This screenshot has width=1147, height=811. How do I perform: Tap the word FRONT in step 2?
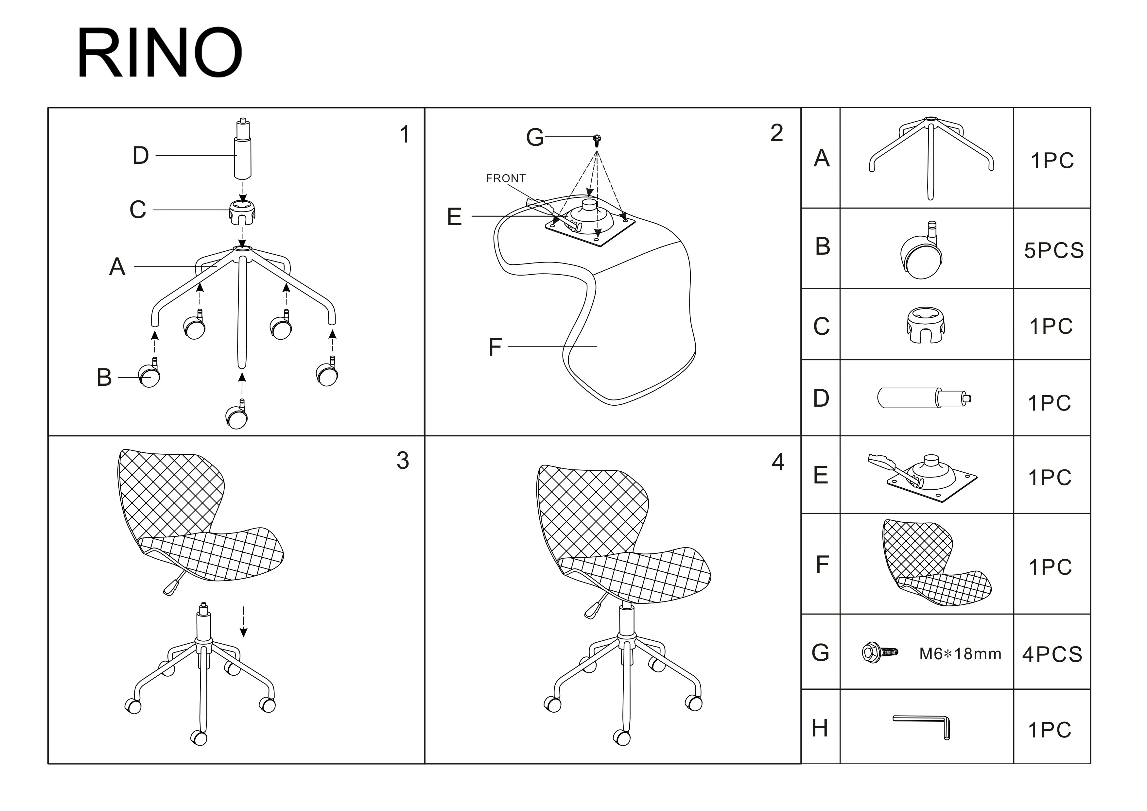[x=506, y=178]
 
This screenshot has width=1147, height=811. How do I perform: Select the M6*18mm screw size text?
[x=960, y=654]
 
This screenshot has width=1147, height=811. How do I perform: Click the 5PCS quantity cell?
[x=1053, y=250]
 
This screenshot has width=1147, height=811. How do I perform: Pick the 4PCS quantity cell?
[x=1052, y=654]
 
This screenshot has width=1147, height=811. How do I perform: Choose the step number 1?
[x=405, y=134]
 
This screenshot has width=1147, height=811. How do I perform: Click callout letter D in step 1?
[x=141, y=155]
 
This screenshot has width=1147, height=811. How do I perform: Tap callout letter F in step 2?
[x=495, y=347]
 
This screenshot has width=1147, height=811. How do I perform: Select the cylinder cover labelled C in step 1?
[x=243, y=213]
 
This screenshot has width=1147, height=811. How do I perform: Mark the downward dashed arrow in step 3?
[x=243, y=622]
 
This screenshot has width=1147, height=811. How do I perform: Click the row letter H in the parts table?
[x=820, y=728]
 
